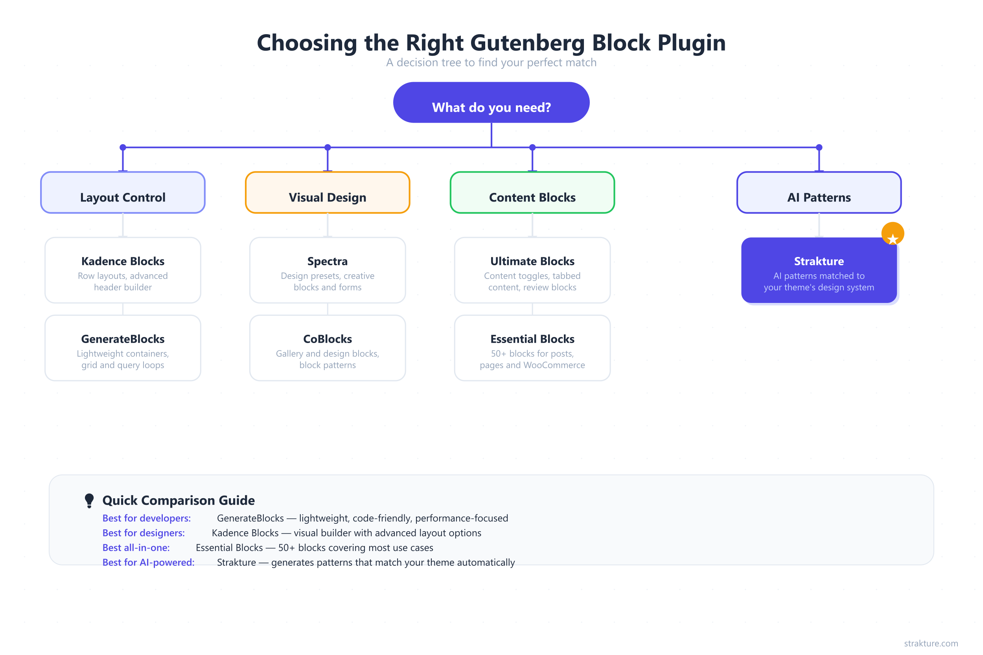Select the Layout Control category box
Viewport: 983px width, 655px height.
pos(123,193)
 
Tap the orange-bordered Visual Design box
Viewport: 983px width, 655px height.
pos(327,193)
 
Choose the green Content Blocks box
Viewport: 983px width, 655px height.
pos(532,193)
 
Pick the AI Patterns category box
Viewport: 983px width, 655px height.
pos(819,193)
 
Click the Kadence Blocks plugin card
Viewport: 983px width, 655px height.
pos(123,270)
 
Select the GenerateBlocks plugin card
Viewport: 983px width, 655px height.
pos(123,348)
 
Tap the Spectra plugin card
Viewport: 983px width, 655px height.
pos(327,270)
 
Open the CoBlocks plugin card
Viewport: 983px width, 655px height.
pos(327,348)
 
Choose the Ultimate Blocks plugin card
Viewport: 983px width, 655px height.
pos(532,270)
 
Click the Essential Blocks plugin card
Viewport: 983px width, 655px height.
pos(532,348)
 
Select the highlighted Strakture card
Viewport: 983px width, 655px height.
pos(819,270)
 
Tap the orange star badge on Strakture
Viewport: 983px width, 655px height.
pos(893,234)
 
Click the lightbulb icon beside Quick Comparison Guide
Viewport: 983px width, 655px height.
pos(89,501)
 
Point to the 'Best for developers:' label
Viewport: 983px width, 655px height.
pos(147,518)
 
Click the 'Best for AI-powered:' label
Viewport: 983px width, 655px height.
pos(148,563)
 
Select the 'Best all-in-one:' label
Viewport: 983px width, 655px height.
pos(136,548)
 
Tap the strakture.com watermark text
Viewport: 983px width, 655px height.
pos(931,643)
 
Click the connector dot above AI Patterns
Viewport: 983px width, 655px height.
pos(819,147)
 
